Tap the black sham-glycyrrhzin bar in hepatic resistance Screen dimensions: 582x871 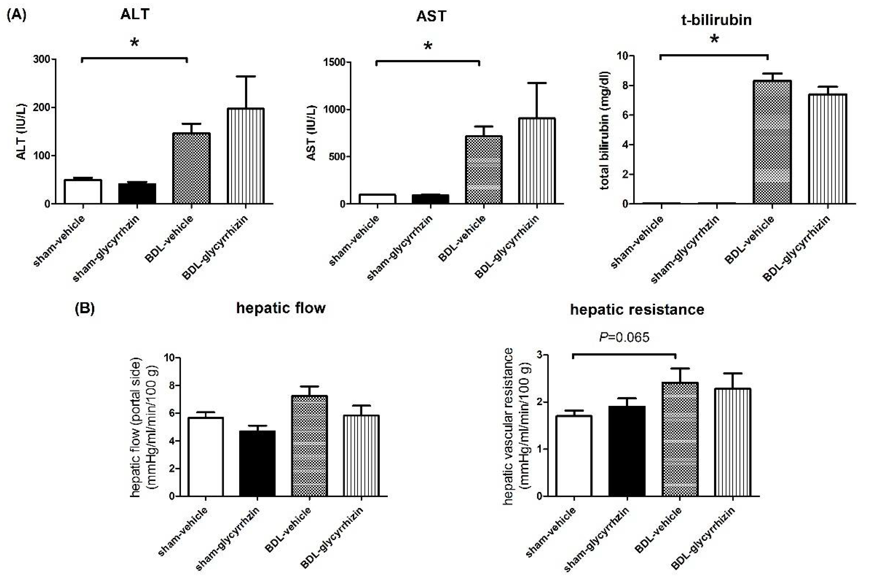coord(627,451)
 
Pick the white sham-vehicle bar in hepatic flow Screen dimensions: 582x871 coord(206,457)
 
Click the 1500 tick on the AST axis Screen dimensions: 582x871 coord(334,62)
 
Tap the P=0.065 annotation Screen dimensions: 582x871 coord(624,337)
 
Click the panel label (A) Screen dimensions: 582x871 coord(17,15)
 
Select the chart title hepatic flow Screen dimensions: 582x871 coord(281,308)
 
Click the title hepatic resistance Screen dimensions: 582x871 coord(637,310)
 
